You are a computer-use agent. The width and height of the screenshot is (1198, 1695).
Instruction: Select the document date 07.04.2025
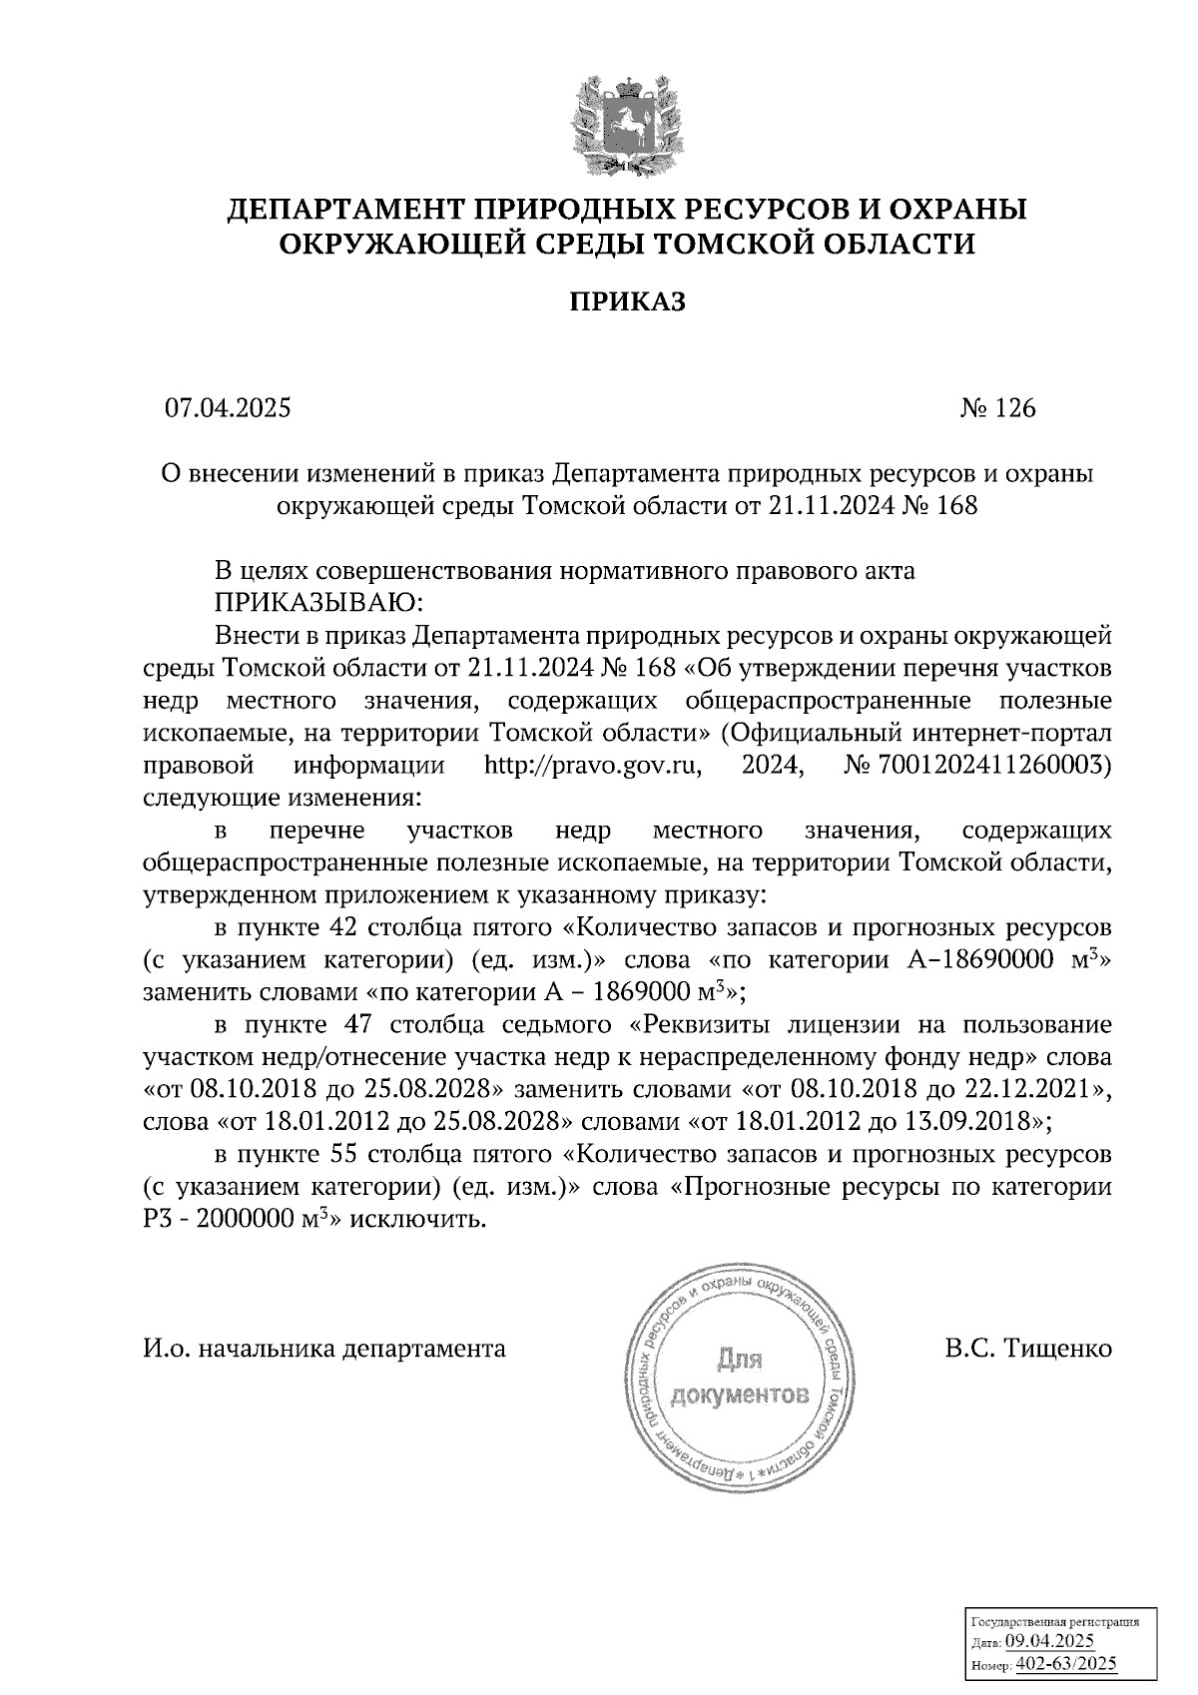(229, 408)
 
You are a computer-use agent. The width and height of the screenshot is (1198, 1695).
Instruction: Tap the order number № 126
(997, 408)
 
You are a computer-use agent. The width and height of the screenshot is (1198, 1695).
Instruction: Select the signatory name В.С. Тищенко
(1028, 1349)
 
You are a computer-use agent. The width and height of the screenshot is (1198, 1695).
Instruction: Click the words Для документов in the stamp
(740, 1378)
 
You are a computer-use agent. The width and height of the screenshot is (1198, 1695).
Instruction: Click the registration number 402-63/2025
(1064, 1664)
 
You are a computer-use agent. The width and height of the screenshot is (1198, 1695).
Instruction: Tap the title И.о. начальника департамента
(324, 1349)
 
